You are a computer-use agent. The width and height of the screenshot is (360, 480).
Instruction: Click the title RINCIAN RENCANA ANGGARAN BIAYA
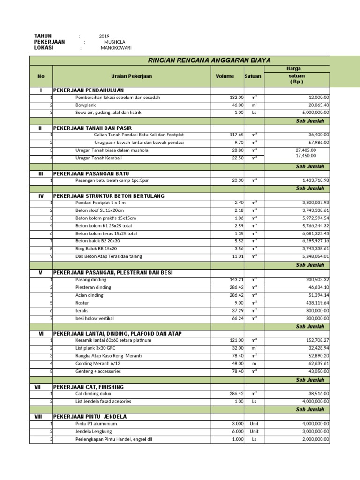[x=209, y=60]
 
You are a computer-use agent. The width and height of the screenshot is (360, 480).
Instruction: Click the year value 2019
[x=104, y=36]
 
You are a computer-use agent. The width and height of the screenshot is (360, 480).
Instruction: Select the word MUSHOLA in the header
[x=114, y=42]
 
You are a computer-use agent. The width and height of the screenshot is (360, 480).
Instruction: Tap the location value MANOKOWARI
[x=116, y=48]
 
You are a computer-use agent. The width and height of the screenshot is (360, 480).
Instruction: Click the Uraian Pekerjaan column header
[x=132, y=76]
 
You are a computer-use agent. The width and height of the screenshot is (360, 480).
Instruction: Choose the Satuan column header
[x=253, y=76]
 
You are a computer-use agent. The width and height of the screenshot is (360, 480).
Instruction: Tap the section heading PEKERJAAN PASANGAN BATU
[x=91, y=173]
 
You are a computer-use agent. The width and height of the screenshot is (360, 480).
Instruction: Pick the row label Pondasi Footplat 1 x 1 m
[x=101, y=203]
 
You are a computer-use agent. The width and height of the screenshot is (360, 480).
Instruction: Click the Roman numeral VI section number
[x=41, y=333]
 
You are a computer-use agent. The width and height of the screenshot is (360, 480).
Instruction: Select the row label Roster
[x=82, y=302]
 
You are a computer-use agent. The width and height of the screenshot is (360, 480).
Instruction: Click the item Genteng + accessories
[x=98, y=371]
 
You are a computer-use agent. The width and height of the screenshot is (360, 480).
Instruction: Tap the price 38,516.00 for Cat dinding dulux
[x=315, y=394]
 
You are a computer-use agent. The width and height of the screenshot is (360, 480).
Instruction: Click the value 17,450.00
[x=306, y=156]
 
